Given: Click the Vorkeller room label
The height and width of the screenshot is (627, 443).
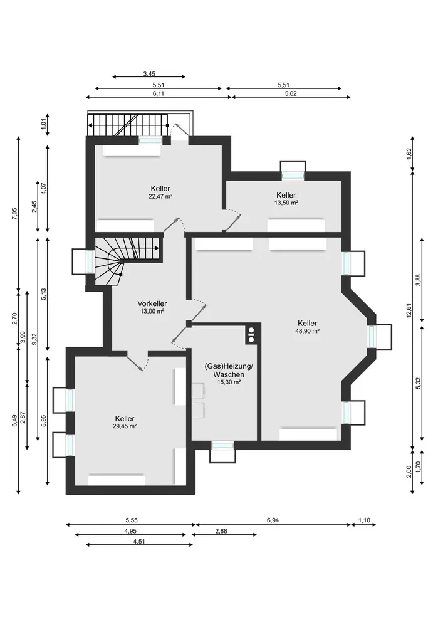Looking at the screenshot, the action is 152,303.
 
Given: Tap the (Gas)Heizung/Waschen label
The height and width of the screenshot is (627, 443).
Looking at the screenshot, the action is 229,371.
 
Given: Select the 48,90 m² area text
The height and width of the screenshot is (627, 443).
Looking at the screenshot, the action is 307,331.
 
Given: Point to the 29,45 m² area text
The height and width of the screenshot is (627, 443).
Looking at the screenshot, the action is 125,426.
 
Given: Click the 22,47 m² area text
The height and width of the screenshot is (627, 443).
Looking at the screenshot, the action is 160,196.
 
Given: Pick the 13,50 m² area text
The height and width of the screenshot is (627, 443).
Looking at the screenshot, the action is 286,203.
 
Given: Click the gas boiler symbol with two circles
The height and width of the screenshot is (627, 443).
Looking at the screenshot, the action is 251,335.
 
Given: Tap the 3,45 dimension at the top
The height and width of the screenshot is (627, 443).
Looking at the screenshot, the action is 149,74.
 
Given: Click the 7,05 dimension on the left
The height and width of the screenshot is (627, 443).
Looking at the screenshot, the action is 15,213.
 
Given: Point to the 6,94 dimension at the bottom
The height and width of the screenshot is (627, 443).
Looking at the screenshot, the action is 273,520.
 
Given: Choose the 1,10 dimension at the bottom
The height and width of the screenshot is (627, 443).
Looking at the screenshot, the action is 364,520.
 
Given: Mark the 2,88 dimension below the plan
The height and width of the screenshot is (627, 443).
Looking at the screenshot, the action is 221,531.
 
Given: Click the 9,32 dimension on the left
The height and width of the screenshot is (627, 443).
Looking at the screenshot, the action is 34,339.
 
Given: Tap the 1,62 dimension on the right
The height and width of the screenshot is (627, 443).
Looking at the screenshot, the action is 409,154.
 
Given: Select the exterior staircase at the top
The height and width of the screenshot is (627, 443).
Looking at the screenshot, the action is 128,125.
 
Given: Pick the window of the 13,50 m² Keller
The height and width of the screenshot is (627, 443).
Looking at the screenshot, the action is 293,176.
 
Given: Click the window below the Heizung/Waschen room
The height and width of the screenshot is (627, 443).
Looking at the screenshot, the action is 222,445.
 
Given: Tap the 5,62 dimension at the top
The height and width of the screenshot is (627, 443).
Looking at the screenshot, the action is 291,93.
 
